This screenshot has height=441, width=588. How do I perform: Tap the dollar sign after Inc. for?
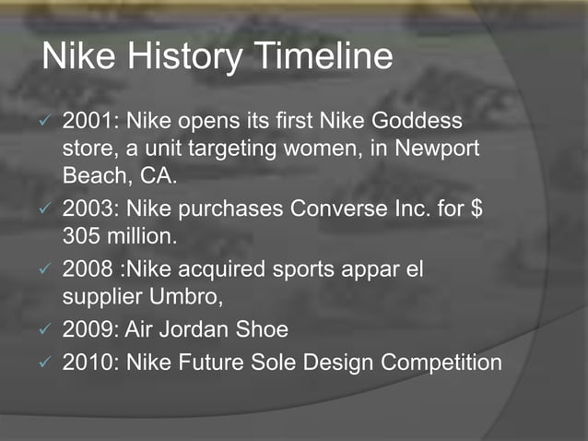[x=476, y=208]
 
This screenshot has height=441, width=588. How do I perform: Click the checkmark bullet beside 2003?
[x=47, y=209]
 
